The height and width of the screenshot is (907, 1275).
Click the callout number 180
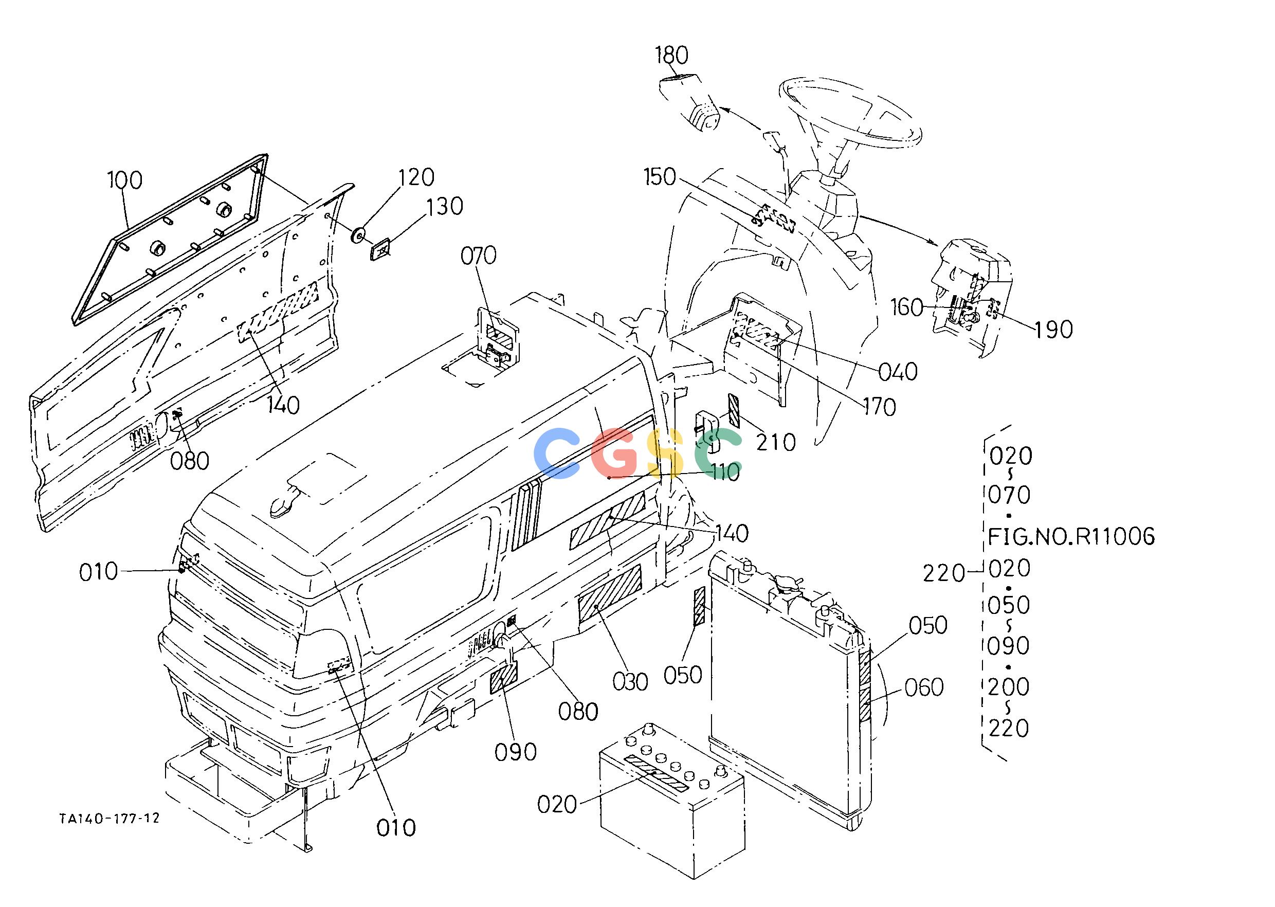click(671, 56)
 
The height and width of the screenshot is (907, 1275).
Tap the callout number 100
click(125, 180)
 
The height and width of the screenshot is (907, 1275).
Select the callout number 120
click(416, 177)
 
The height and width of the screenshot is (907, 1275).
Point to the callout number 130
click(445, 207)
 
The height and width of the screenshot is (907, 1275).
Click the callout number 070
click(479, 256)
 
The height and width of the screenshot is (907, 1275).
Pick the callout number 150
click(660, 177)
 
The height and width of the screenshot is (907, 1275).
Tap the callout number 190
click(1054, 330)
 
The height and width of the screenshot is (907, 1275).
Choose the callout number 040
click(898, 371)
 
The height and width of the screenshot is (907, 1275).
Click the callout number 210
click(776, 442)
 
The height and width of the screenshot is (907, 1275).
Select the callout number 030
click(630, 681)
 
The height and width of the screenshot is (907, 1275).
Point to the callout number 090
click(516, 752)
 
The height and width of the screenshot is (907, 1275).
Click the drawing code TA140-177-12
click(110, 818)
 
